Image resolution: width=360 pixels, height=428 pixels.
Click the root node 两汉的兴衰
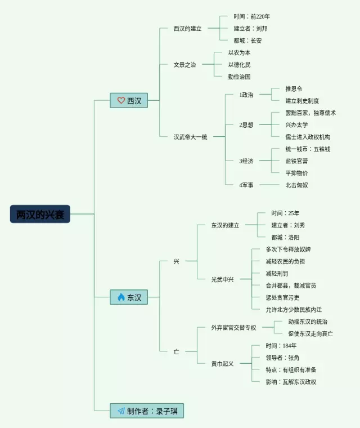[x=40, y=214]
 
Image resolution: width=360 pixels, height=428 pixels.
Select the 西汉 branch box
[x=129, y=101]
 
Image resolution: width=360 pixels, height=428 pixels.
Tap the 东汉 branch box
[x=129, y=297]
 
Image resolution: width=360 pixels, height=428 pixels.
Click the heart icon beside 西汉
[x=120, y=101]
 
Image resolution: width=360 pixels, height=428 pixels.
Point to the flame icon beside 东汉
[x=120, y=297]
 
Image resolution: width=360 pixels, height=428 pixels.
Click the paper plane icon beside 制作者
[x=120, y=411]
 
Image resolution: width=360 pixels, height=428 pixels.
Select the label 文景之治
[x=184, y=65]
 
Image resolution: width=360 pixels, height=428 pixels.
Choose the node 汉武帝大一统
[x=190, y=136]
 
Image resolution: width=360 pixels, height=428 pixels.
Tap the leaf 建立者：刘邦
[x=250, y=28]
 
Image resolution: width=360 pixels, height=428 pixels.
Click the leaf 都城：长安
[x=247, y=41]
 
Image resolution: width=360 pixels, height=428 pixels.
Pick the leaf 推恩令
[x=294, y=88]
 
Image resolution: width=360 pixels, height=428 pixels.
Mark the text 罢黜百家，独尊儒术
[x=310, y=113]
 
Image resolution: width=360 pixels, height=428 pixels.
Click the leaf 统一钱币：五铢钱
[x=307, y=149]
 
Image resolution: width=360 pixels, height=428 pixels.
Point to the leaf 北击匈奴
[x=296, y=185]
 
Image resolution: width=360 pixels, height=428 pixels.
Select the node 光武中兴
[x=222, y=279]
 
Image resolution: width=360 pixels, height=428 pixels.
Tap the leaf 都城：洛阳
[x=285, y=237]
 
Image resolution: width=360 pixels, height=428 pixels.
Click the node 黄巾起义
[x=222, y=363]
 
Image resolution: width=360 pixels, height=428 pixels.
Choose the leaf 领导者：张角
[x=282, y=358]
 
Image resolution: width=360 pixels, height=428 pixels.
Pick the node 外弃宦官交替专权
[x=233, y=328]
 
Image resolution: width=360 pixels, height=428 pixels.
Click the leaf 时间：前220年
[x=251, y=16]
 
